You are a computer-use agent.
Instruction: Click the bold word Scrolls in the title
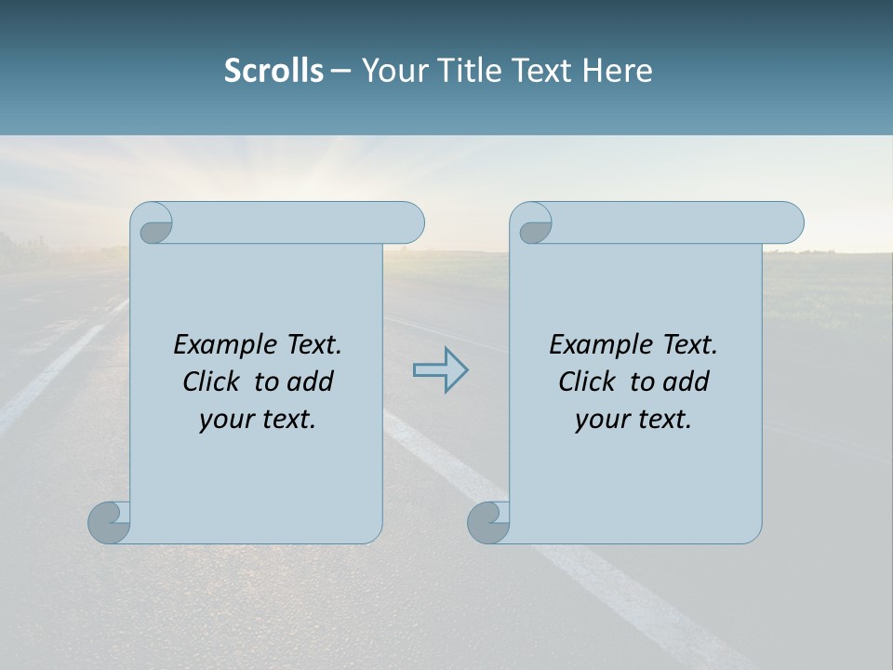tap(273, 71)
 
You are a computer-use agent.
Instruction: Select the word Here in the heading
tap(618, 71)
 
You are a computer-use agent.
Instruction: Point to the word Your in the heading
tap(391, 71)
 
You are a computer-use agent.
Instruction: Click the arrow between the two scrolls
tap(440, 370)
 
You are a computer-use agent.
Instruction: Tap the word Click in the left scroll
tap(210, 382)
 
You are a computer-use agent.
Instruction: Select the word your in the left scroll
tap(225, 420)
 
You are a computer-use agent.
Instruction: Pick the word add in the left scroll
tap(312, 382)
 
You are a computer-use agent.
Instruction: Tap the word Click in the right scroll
tap(586, 382)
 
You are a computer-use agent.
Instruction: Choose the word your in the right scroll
tap(601, 420)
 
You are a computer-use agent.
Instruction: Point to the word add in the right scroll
tap(687, 382)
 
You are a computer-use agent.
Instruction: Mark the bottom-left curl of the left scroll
tap(110, 521)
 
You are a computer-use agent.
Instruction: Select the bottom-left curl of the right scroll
tap(489, 521)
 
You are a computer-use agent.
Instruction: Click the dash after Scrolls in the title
tap(340, 71)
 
